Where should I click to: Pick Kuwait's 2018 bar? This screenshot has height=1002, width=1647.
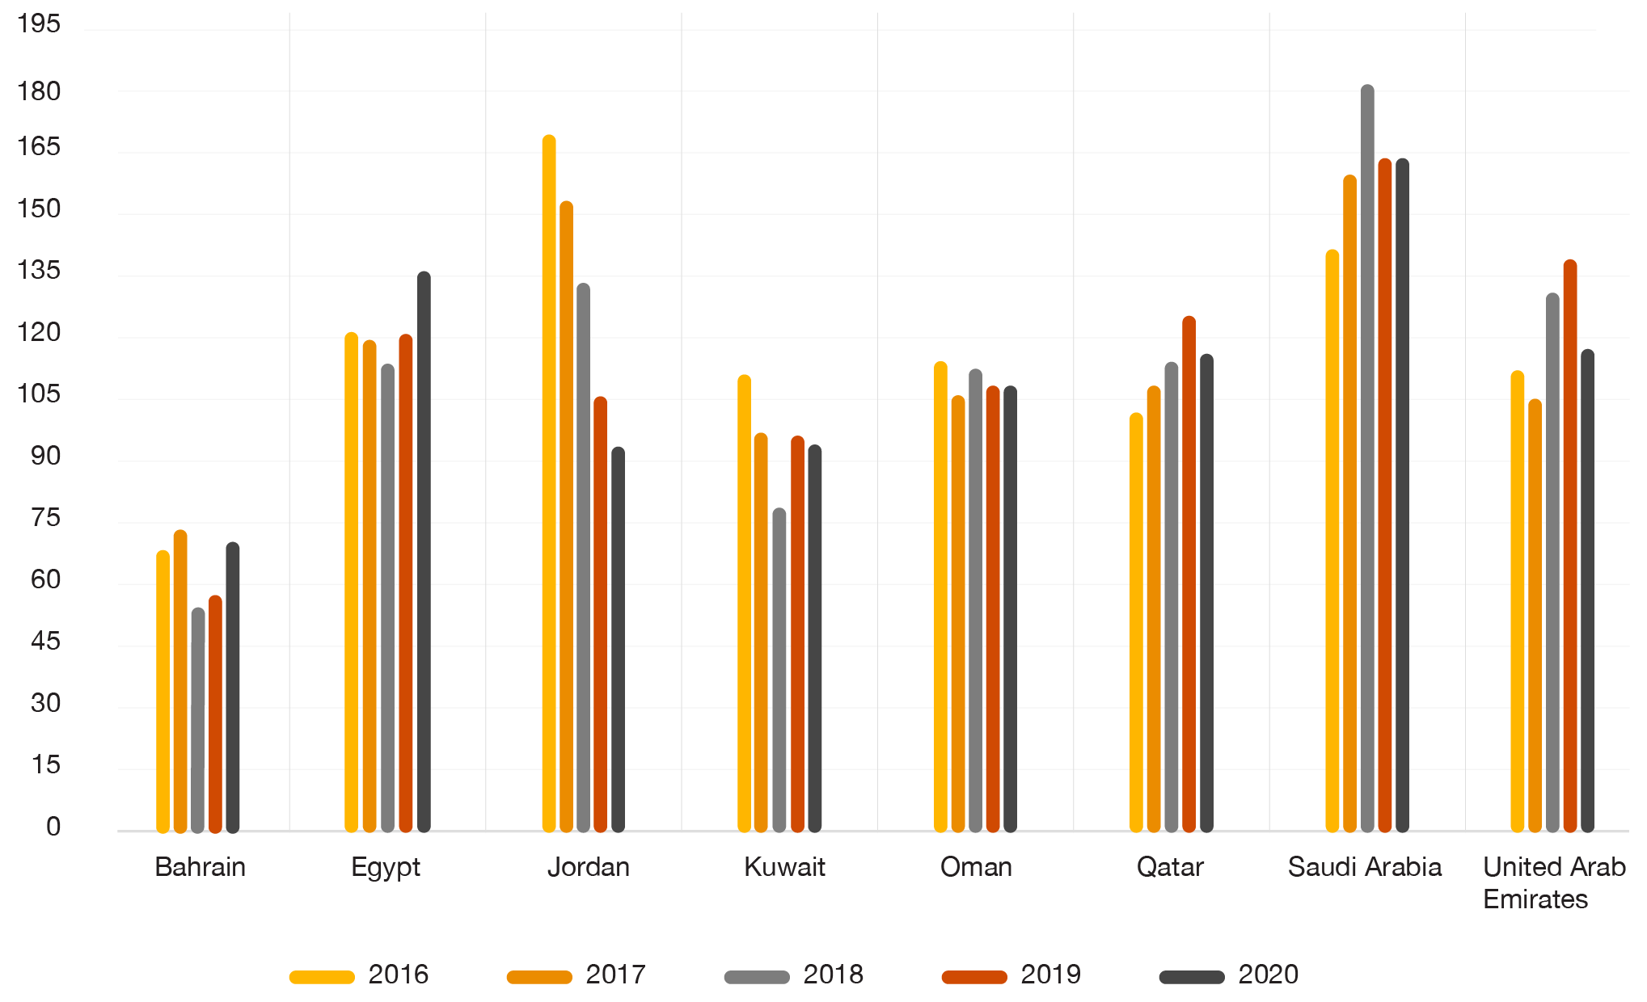[779, 670]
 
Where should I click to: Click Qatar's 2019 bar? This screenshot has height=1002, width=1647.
[1189, 574]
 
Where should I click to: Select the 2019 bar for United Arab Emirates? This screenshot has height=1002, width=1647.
[1570, 545]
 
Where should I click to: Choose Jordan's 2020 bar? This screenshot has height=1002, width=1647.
[618, 639]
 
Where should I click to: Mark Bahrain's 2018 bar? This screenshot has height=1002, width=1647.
[198, 719]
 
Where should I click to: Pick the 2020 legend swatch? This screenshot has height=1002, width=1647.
[1192, 977]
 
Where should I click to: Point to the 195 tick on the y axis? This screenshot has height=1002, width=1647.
[39, 24]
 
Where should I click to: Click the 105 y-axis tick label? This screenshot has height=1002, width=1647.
[39, 394]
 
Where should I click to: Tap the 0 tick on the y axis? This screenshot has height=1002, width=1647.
[53, 827]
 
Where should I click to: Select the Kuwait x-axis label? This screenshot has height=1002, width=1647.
[784, 867]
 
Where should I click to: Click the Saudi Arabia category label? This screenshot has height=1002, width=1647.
[1365, 867]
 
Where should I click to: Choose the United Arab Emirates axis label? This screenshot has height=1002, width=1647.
[1553, 882]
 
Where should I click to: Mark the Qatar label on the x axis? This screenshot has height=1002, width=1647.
[1170, 867]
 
